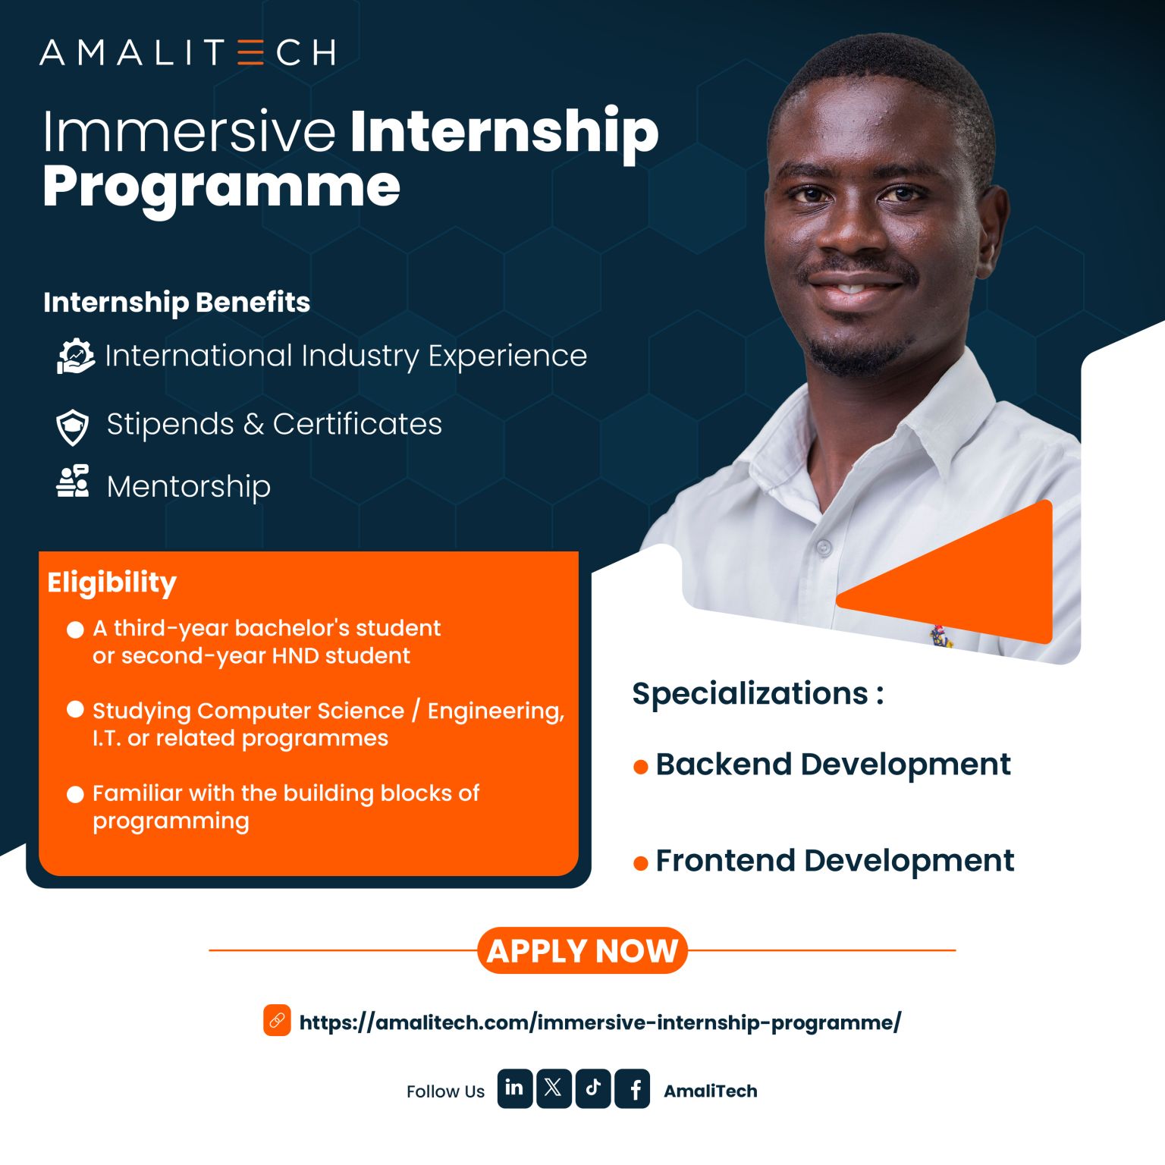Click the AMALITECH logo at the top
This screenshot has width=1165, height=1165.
coord(187,52)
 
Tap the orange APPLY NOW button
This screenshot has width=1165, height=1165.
coord(582,950)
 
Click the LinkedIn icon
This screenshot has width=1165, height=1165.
coord(514,1088)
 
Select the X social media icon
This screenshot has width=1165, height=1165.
coord(554,1088)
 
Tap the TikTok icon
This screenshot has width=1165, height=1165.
coord(593,1088)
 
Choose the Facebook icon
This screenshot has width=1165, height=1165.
coord(633,1088)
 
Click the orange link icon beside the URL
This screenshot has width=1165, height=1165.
coord(277,1020)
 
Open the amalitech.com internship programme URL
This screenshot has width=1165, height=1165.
coord(600,1022)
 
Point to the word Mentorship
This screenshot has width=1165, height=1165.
coord(189,486)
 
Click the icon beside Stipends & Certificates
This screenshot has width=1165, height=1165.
coord(73,427)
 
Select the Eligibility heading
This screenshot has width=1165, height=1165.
coord(111,583)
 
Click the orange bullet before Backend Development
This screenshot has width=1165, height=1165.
coord(640,768)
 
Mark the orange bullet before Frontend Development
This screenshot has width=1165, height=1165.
coord(640,863)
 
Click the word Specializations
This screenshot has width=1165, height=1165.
coord(750,694)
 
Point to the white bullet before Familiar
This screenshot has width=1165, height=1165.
coord(75,794)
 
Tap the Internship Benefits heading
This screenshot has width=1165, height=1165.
coord(177,303)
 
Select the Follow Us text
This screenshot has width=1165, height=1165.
coord(445,1091)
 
